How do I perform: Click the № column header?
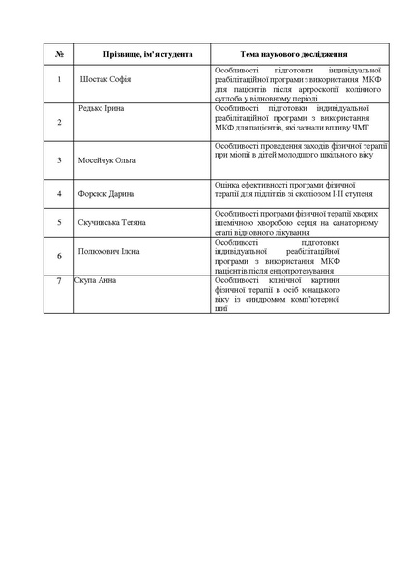point(60,54)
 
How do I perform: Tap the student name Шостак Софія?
point(109,80)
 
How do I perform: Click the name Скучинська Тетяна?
point(112,223)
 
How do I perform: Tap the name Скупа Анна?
point(96,280)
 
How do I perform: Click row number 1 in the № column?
point(60,80)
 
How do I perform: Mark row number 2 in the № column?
point(60,122)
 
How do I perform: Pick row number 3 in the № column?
point(60,159)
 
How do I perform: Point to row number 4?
point(60,194)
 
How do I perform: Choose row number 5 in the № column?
point(60,223)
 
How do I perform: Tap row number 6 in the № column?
point(60,256)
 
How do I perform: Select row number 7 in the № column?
point(60,280)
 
